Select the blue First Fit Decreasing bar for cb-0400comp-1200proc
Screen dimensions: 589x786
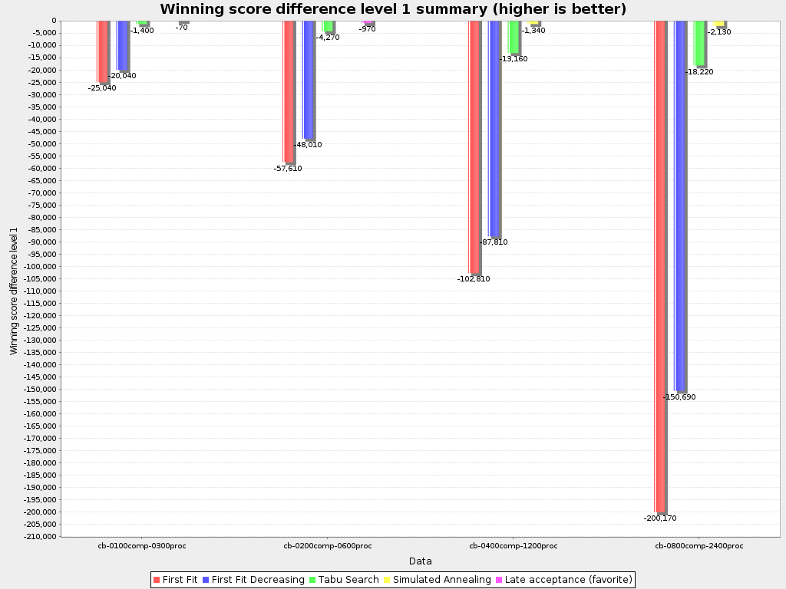494,129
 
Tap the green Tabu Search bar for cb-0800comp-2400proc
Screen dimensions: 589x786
699,43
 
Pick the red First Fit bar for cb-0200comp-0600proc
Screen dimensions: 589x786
288,91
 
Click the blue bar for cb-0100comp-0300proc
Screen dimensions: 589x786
122,45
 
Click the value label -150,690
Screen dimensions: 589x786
679,397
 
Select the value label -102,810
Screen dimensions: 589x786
473,279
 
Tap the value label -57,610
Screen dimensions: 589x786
288,169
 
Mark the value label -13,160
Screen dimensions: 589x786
514,59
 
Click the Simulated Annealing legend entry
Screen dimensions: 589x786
437,580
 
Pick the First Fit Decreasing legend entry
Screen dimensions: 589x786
253,580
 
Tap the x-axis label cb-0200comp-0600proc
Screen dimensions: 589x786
328,546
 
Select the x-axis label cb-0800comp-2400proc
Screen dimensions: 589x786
698,546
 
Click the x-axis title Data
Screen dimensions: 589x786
420,561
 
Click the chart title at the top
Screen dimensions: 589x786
393,9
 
